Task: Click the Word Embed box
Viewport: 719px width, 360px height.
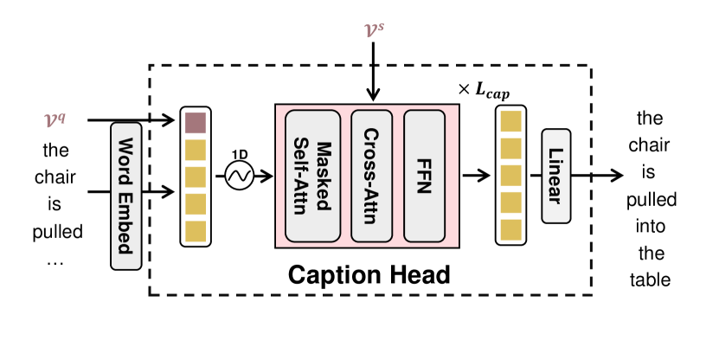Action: tap(126, 196)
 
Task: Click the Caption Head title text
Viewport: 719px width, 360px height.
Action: tap(369, 275)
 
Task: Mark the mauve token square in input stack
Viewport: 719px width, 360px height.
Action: tap(195, 122)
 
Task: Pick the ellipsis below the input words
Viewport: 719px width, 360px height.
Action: tap(56, 259)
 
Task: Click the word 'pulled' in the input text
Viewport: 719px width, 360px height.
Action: tap(56, 232)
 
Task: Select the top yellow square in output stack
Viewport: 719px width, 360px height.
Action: tap(511, 122)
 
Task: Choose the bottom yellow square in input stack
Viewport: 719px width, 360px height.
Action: tap(195, 231)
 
